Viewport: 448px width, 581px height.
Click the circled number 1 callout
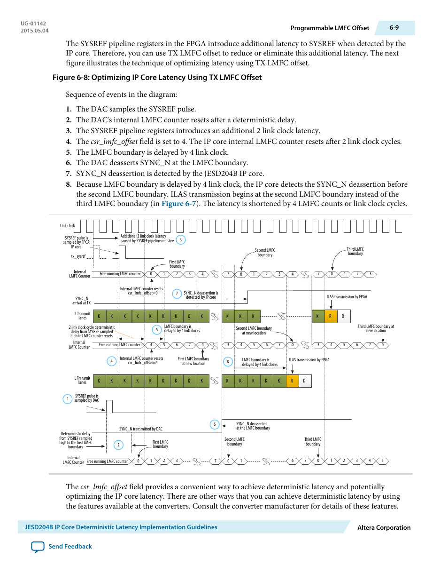tap(68, 399)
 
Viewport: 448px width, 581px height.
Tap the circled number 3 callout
tap(181, 240)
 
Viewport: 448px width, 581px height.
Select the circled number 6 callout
tap(215, 424)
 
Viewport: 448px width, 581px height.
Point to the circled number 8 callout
tap(228, 362)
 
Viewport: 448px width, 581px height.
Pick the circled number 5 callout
tap(157, 330)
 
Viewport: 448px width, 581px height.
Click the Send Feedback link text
tap(70, 546)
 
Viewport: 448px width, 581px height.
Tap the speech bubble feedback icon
tap(38, 547)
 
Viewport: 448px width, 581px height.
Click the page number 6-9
tap(394, 28)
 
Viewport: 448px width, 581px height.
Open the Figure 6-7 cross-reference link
tap(178, 204)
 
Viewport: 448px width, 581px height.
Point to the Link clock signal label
tap(67, 226)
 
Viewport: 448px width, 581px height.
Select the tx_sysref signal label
tap(78, 256)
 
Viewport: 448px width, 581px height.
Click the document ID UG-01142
tap(33, 24)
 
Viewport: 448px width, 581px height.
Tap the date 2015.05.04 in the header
tap(34, 31)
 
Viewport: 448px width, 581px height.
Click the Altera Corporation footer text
tap(384, 527)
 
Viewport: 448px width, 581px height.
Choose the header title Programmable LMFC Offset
tap(330, 28)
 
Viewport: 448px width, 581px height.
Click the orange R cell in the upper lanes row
tap(331, 316)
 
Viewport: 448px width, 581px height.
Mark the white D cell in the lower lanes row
tap(304, 381)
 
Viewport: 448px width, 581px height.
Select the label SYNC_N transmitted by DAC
tap(141, 429)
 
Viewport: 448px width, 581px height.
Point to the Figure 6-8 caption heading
tap(157, 78)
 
